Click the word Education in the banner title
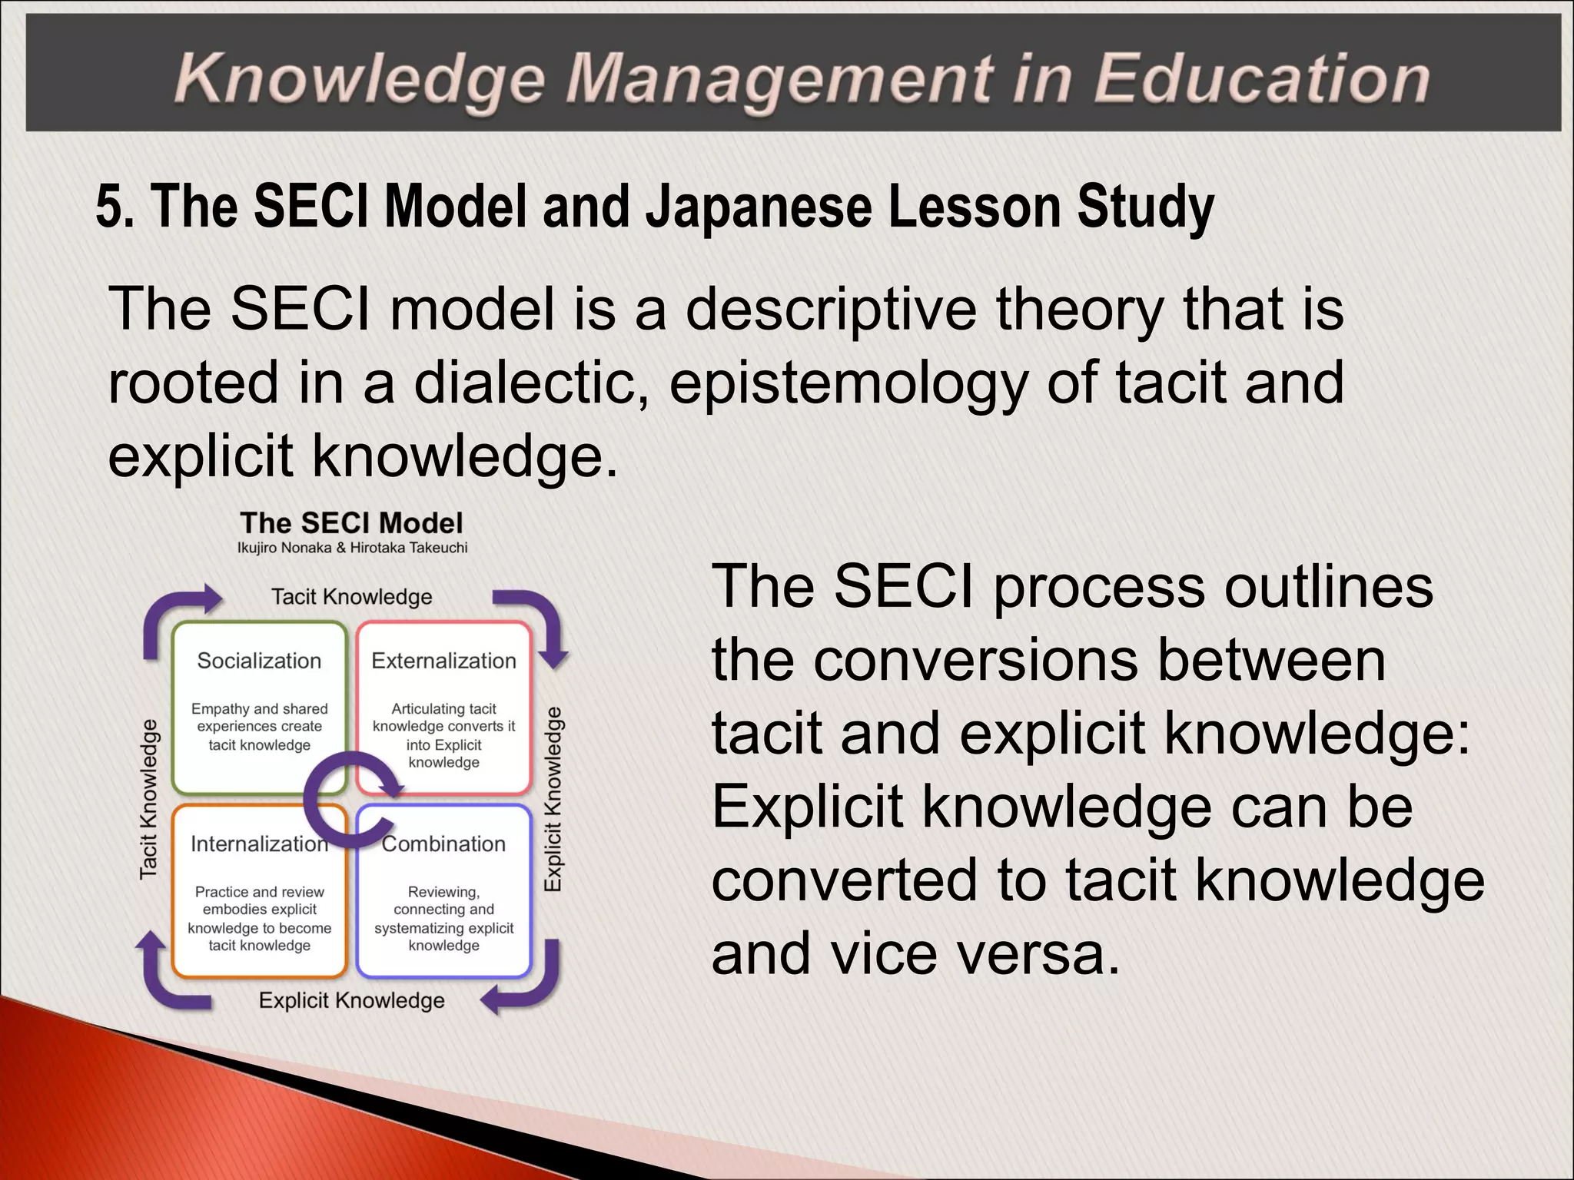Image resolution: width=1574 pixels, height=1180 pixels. (x=1260, y=79)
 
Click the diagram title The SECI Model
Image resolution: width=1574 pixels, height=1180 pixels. (x=351, y=523)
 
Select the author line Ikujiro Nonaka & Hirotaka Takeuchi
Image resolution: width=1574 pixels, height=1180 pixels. (x=352, y=548)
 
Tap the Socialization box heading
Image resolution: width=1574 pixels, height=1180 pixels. (x=259, y=661)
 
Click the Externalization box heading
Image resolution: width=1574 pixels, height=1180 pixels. (x=443, y=661)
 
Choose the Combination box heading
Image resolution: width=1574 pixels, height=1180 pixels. (x=444, y=844)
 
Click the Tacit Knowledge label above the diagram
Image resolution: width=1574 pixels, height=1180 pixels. (x=351, y=597)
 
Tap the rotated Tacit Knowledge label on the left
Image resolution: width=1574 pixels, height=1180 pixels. (x=148, y=799)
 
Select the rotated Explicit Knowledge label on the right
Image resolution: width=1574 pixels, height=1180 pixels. (x=553, y=799)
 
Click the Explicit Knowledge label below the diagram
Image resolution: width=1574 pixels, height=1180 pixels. (x=351, y=1000)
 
